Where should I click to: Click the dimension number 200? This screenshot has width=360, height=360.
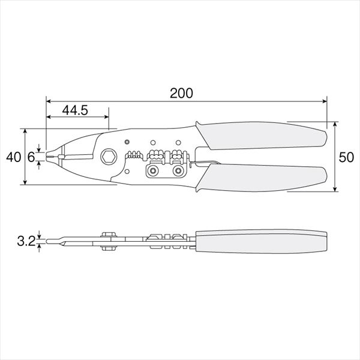pyautogui.click(x=181, y=93)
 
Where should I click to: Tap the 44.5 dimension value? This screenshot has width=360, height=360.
pyautogui.click(x=75, y=110)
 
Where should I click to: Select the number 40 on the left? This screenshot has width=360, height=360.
pyautogui.click(x=14, y=157)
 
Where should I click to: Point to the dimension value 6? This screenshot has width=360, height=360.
pyautogui.click(x=31, y=157)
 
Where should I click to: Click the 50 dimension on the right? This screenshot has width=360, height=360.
pyautogui.click(x=346, y=157)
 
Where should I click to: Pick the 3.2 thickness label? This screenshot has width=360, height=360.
pyautogui.click(x=26, y=241)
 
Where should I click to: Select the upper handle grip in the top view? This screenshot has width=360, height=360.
pyautogui.click(x=261, y=136)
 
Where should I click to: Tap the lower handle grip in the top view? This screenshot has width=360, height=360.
pyautogui.click(x=261, y=178)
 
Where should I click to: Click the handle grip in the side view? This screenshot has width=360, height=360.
pyautogui.click(x=261, y=241)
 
